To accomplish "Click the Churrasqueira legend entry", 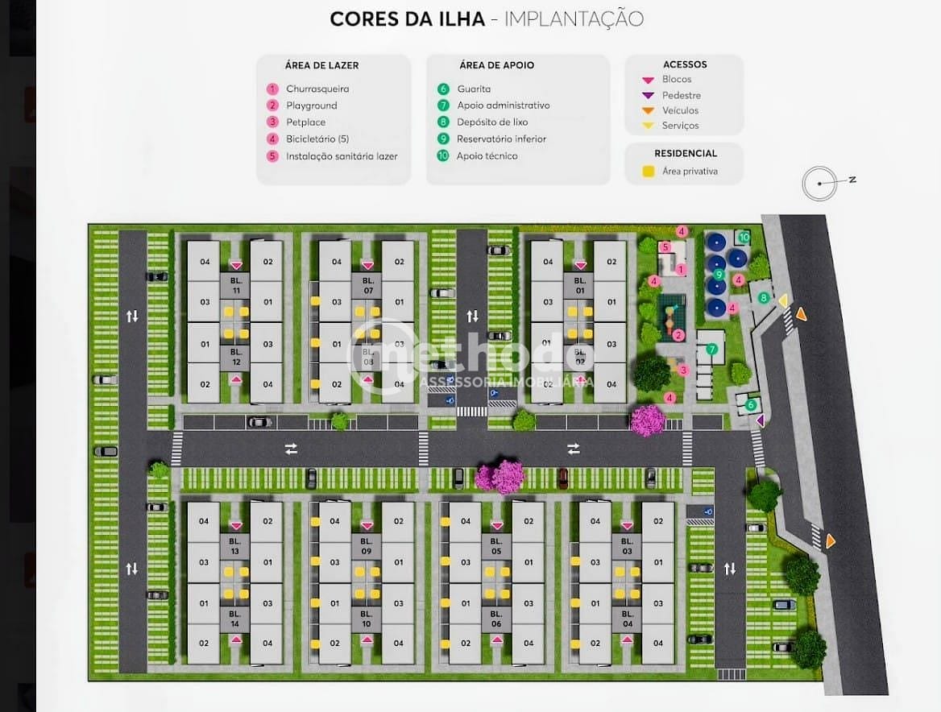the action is [317, 89].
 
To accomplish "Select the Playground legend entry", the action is [311, 106].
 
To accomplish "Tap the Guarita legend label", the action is [474, 89].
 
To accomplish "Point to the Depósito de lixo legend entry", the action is [492, 122].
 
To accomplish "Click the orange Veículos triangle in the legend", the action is [648, 110].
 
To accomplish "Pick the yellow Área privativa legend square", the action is [648, 172].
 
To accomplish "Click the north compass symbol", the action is [820, 184].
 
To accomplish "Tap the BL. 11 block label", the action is [236, 286].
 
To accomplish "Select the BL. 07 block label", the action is [367, 286].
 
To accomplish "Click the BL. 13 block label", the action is [235, 546].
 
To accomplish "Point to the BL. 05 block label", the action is [496, 546].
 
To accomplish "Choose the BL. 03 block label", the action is [627, 546].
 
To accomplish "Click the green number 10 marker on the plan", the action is [744, 237].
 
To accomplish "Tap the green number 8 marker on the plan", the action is [764, 298].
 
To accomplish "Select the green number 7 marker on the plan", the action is [711, 350].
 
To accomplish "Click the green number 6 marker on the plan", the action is [751, 405].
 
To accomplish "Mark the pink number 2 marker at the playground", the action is [679, 335].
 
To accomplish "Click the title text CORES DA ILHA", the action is [407, 19].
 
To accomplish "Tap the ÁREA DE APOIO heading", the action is [496, 65].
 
